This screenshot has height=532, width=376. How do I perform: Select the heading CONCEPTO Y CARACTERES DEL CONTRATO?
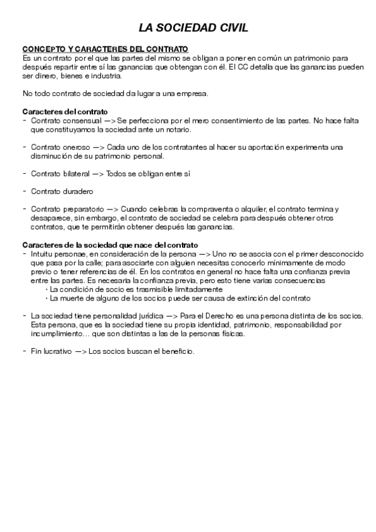[x=105, y=50]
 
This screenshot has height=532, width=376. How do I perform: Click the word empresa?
[x=194, y=93]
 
